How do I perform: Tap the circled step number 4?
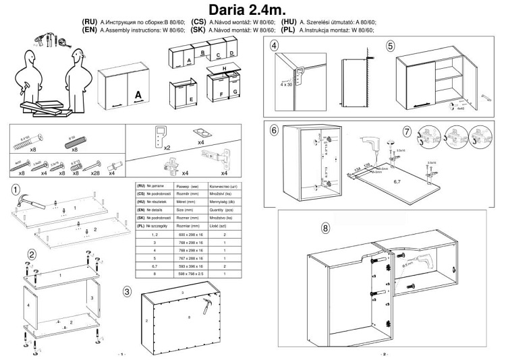coord(274,47)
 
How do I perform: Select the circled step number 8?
coord(327,228)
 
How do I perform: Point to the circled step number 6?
coord(274,130)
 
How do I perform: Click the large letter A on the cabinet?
coord(138,96)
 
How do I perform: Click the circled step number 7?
coord(407,130)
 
